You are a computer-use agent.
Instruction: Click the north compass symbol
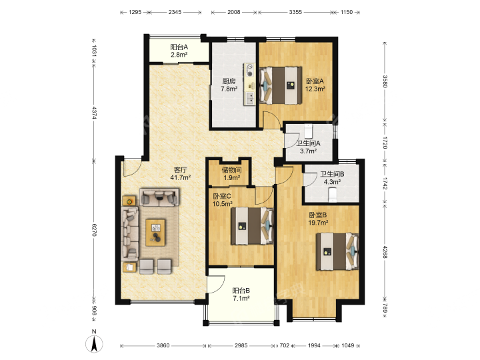tap(94, 343)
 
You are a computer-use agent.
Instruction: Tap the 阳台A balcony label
tap(179, 47)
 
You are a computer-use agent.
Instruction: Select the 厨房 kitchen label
tap(229, 81)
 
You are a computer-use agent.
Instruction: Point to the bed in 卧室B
tap(337, 251)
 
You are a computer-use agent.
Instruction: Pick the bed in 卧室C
tap(252, 226)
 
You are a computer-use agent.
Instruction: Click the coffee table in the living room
tap(155, 233)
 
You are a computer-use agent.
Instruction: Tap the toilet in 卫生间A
tap(308, 130)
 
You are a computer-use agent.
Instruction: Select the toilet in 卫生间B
tap(332, 195)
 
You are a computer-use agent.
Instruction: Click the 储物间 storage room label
tap(232, 170)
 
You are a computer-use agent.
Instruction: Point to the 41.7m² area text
tap(181, 177)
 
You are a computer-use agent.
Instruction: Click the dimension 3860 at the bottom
tap(163, 345)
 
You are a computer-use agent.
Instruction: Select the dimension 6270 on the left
tap(94, 229)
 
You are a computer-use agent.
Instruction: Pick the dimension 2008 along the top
tap(233, 12)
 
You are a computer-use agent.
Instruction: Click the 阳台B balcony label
tap(241, 291)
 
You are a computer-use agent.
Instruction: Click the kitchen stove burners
tap(250, 70)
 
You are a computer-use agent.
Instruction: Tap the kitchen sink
tap(250, 97)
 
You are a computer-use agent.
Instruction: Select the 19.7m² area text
tap(318, 223)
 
